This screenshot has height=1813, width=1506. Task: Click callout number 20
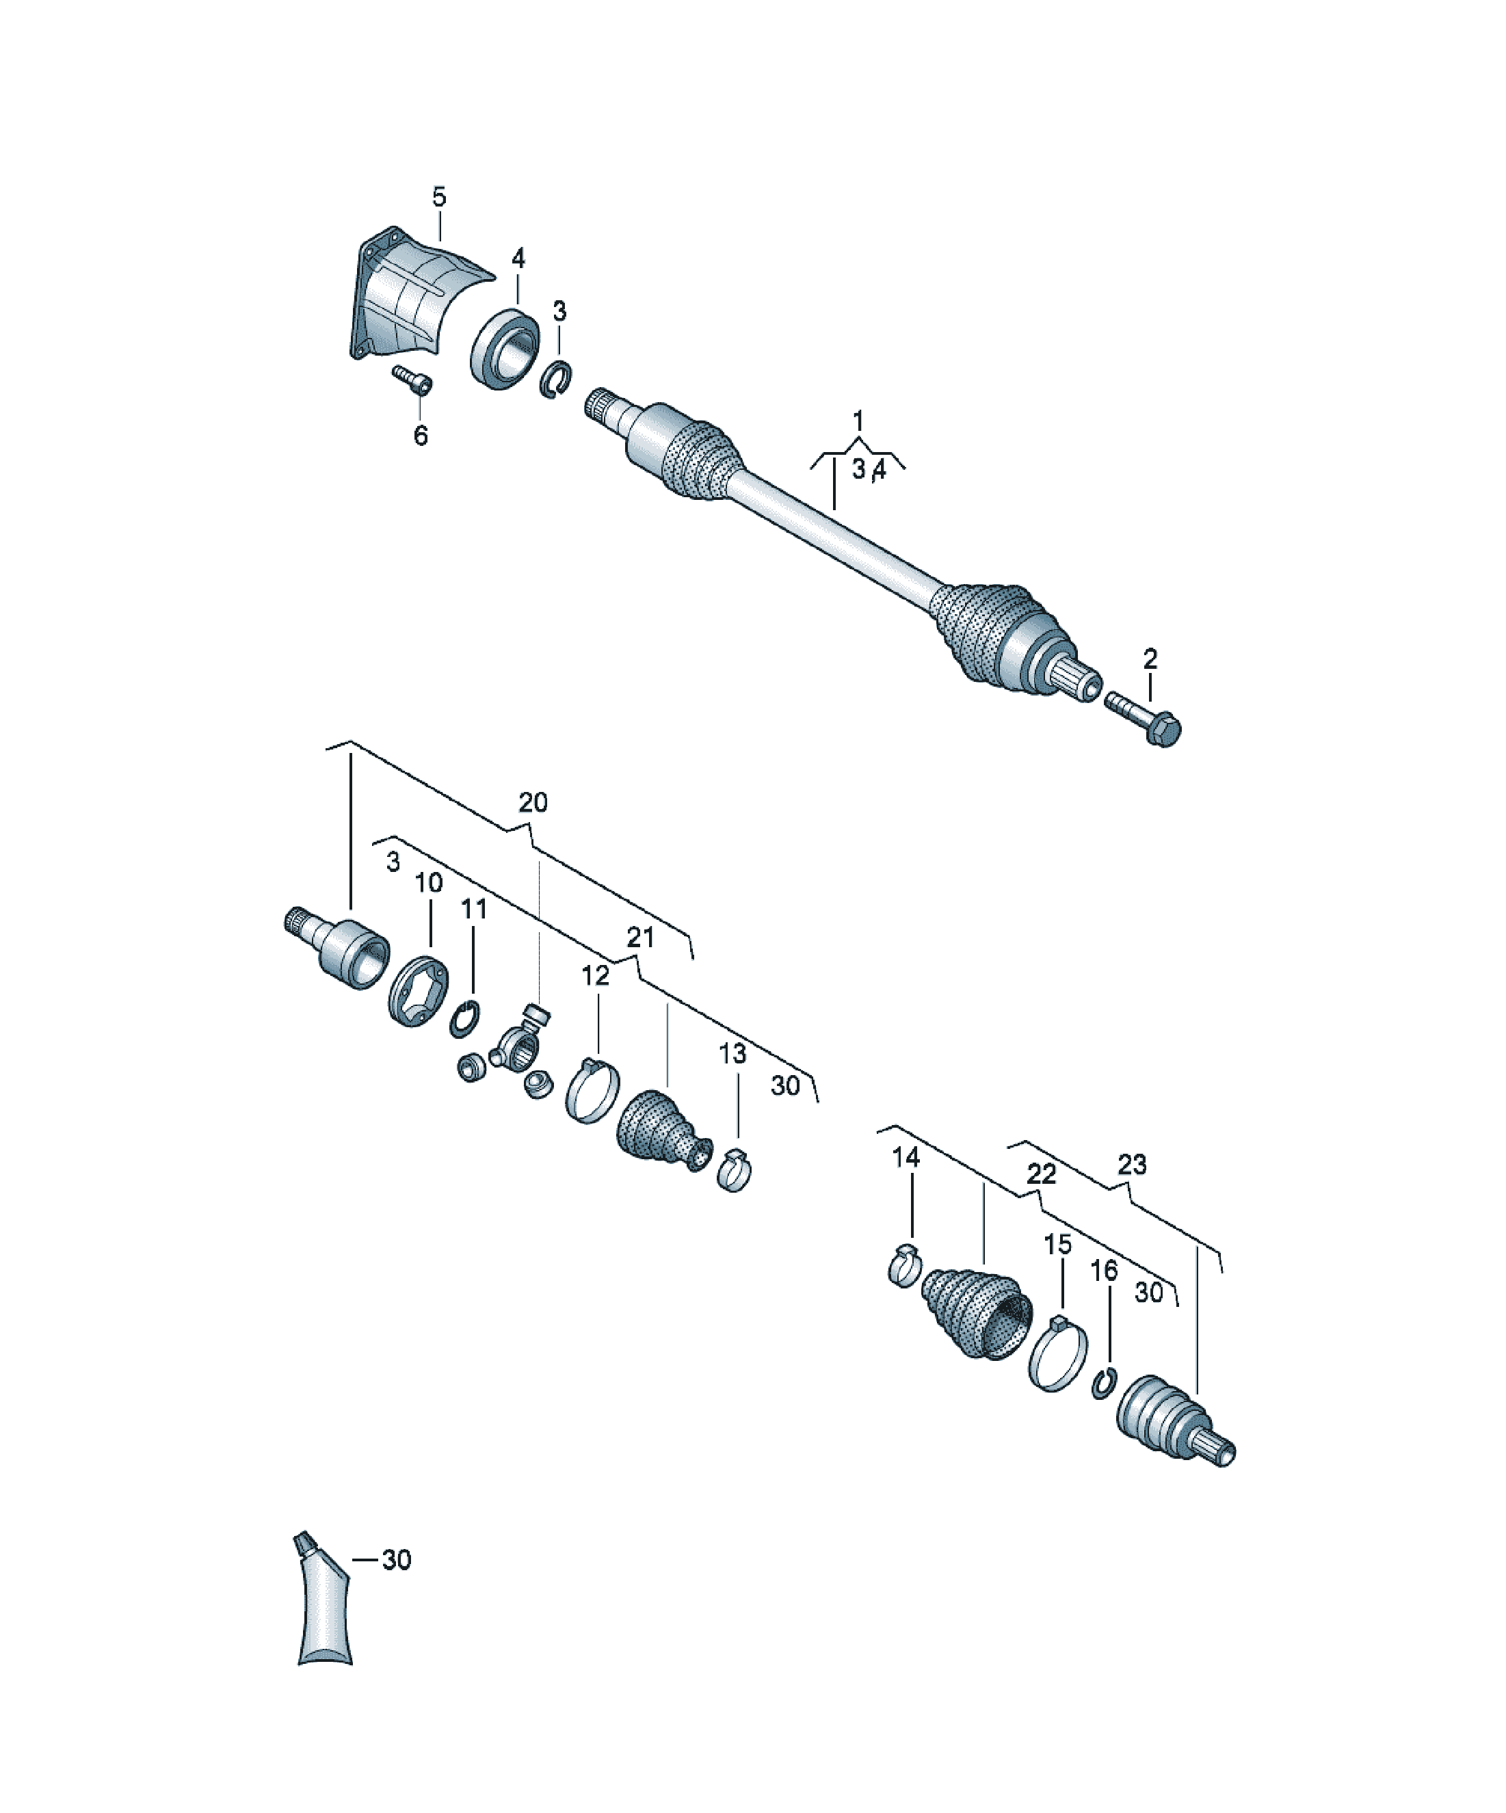[533, 803]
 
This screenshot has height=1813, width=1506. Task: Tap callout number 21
[640, 938]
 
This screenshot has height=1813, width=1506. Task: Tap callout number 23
[1132, 1165]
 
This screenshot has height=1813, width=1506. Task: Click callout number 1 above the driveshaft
[858, 421]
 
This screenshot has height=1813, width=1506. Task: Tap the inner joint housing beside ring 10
[336, 947]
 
